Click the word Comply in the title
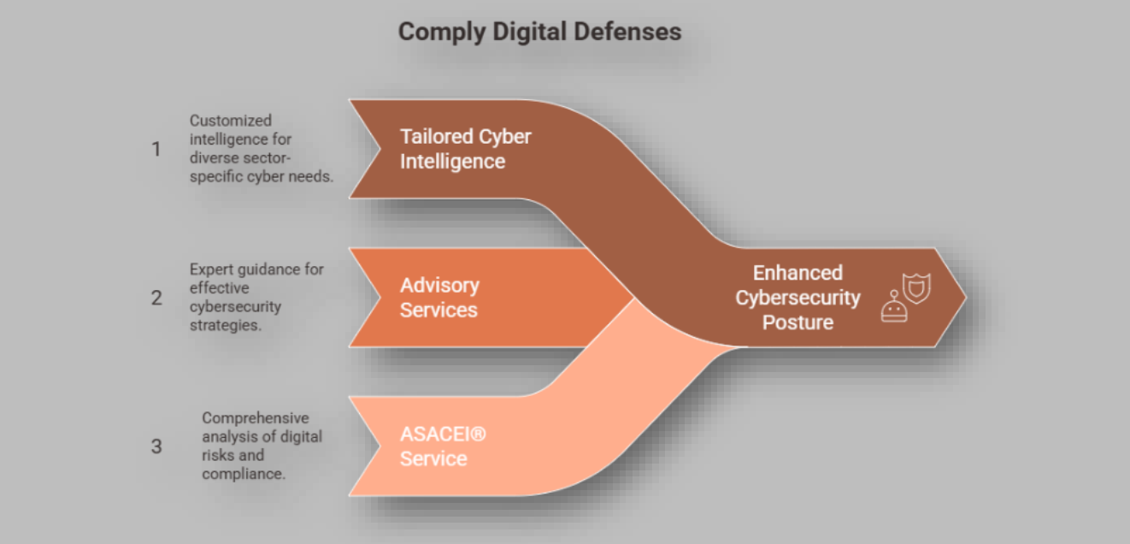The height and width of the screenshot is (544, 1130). (x=442, y=33)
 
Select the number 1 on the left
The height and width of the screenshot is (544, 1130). (x=156, y=149)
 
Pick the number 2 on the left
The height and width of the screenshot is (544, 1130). (x=156, y=298)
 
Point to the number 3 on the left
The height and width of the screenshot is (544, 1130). (x=156, y=446)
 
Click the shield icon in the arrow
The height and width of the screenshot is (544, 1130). (x=916, y=288)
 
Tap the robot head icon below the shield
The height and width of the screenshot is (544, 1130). (x=894, y=307)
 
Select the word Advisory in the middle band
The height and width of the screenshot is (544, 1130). (x=439, y=287)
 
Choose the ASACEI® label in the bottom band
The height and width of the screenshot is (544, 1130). (x=443, y=434)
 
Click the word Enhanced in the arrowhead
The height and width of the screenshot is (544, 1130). (x=797, y=273)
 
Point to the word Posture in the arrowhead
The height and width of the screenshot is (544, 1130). (x=797, y=322)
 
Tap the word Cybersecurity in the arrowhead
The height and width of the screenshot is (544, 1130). (x=797, y=299)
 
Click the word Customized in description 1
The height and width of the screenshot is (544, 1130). (x=231, y=121)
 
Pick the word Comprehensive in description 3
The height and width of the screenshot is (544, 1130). (x=256, y=418)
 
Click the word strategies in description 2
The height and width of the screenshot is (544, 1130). (x=226, y=326)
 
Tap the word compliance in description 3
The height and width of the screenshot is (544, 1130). (x=244, y=475)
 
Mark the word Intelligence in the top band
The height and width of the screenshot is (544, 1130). (x=452, y=162)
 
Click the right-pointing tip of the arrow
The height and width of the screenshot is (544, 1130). (x=966, y=297)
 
